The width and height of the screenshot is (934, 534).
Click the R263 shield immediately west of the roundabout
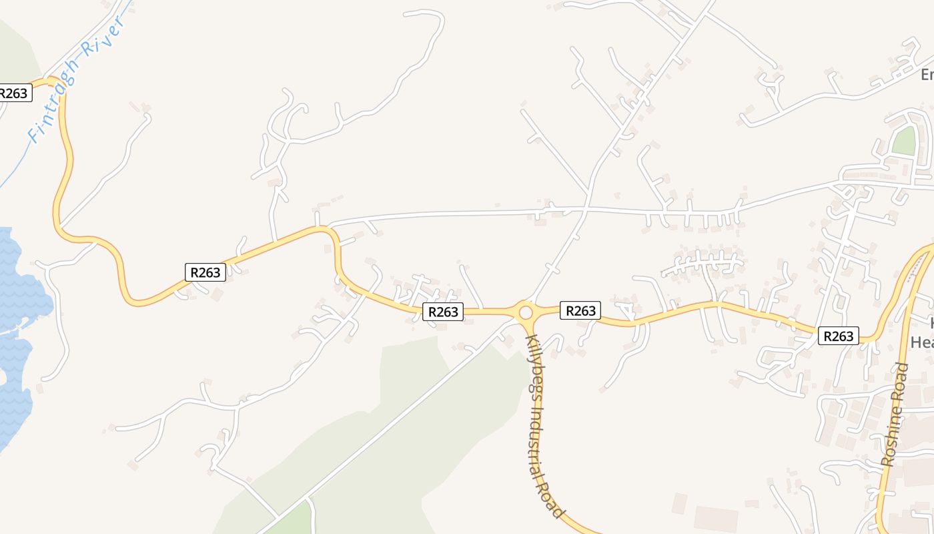coord(442,312)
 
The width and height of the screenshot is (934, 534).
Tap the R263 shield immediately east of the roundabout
coord(580,310)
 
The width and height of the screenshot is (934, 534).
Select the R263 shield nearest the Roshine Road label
coord(838,336)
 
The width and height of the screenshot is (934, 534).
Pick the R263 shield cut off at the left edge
coord(15,93)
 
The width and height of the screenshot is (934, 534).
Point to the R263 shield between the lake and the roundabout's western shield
coord(205,272)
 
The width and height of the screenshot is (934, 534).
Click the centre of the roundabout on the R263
coord(526,312)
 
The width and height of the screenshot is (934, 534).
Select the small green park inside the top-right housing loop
coord(904,141)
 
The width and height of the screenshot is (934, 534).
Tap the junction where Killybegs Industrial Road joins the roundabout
coord(527,324)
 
